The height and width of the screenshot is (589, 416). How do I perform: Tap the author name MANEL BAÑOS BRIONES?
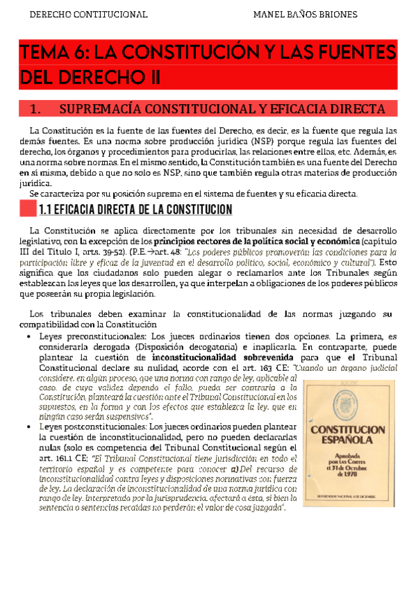pos(305,14)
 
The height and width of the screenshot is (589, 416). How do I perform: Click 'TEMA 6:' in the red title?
pos(54,52)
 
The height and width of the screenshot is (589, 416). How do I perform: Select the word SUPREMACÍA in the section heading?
pos(100,109)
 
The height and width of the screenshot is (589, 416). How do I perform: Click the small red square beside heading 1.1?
pos(27,208)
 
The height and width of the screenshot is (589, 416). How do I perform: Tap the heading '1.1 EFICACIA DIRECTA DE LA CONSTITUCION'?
pos(135,209)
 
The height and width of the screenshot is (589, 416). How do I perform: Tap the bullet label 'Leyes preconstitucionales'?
pos(92,335)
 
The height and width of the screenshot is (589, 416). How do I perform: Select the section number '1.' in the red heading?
pos(38,109)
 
